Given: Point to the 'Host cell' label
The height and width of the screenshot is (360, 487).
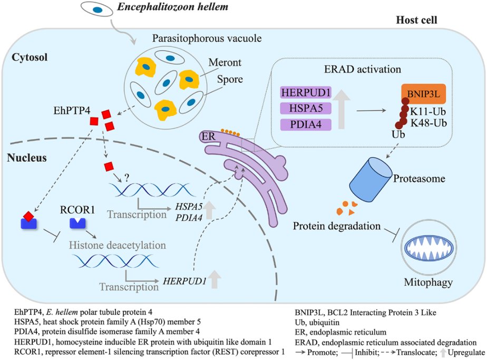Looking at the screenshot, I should coord(419,21).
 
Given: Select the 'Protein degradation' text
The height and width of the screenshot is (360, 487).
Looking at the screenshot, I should coord(337,226).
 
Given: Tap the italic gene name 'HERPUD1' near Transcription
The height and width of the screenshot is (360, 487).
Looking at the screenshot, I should coord(184,280).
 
